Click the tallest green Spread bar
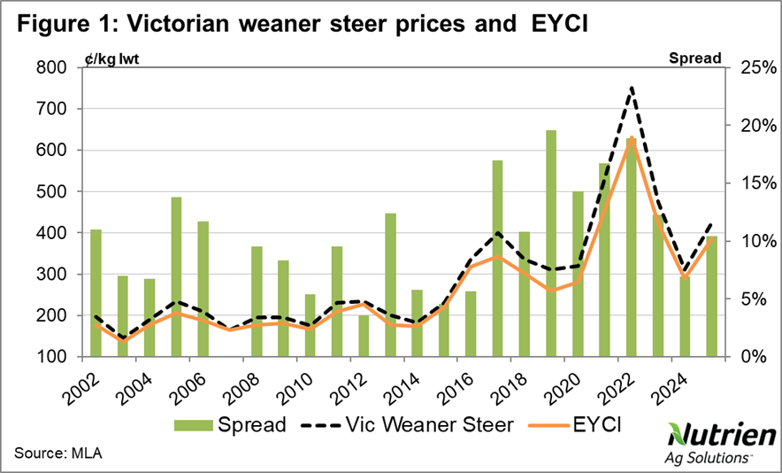tap(551, 244)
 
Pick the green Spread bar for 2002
tap(96, 293)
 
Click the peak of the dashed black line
tap(632, 88)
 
